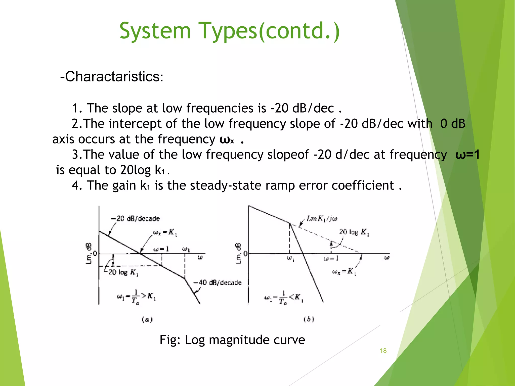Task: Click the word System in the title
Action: tap(155, 31)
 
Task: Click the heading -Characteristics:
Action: tap(112, 76)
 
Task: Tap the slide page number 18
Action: tap(383, 351)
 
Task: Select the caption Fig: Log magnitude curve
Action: tap(232, 340)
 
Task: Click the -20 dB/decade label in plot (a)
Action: tap(135, 219)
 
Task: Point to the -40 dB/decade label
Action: tap(217, 283)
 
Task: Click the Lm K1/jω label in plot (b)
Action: tap(322, 219)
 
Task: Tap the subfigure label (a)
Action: tap(147, 320)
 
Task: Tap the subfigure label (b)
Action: tap(309, 319)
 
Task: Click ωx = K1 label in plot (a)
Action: tap(165, 232)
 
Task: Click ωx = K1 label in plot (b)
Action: tap(344, 272)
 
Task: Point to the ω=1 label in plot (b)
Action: tap(331, 259)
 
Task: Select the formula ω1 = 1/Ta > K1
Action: tap(136, 297)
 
